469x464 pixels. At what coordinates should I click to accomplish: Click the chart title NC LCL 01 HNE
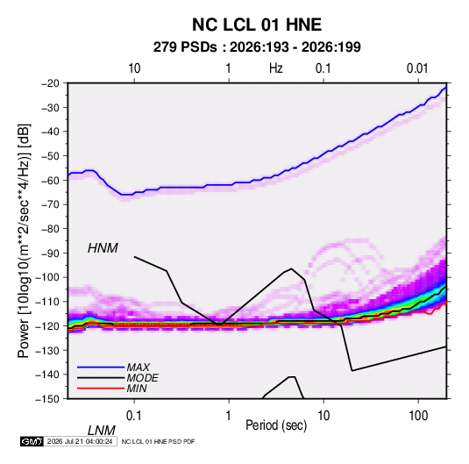(x=257, y=25)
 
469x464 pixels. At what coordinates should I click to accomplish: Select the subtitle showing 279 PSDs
(x=257, y=47)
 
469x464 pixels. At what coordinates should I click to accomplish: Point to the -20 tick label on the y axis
(x=50, y=83)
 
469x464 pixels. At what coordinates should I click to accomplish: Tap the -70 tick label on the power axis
(x=50, y=204)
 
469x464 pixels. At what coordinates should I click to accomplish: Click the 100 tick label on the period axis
(x=418, y=416)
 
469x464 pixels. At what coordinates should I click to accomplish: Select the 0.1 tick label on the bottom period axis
(x=133, y=416)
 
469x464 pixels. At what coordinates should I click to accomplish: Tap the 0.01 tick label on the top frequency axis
(x=417, y=68)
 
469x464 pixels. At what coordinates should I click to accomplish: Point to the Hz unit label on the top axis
(x=276, y=68)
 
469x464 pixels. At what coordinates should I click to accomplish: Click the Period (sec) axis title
(x=276, y=425)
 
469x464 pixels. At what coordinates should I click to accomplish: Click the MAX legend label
(x=139, y=368)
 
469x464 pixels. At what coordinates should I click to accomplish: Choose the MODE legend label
(x=142, y=378)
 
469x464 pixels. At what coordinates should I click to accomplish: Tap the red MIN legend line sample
(x=101, y=389)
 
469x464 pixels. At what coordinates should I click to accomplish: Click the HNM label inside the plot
(x=103, y=248)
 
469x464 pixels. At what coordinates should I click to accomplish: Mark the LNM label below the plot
(x=101, y=431)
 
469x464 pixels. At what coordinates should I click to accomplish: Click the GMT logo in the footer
(x=32, y=441)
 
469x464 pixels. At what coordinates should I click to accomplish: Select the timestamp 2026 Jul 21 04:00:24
(x=80, y=441)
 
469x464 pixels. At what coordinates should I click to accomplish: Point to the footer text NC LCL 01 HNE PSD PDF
(x=158, y=441)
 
